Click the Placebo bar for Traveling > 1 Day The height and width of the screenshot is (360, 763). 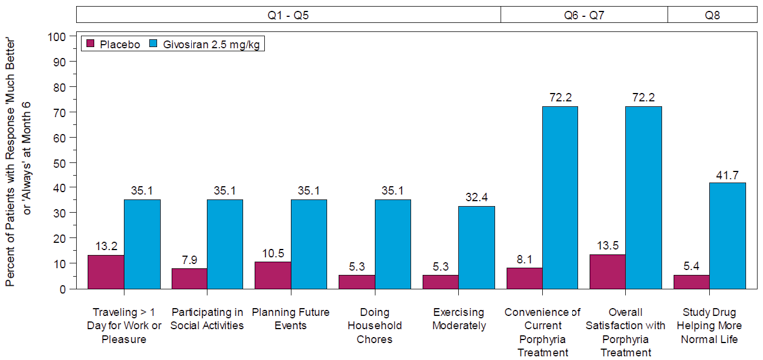(x=105, y=272)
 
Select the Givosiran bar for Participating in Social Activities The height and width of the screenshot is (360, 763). (x=225, y=244)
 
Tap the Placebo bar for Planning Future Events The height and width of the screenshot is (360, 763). (x=272, y=275)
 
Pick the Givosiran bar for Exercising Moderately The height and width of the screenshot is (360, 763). (x=476, y=248)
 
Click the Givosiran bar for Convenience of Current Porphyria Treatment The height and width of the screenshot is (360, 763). (x=560, y=197)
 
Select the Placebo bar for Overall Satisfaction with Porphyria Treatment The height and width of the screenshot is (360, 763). (x=607, y=272)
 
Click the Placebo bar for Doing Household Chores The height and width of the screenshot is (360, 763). (x=356, y=282)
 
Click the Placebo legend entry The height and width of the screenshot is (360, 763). (x=114, y=45)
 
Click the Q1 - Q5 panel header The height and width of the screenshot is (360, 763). (x=287, y=14)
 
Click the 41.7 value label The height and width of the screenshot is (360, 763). (x=727, y=175)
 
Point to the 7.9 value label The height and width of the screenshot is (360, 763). (x=189, y=260)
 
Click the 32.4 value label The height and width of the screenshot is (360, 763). (x=476, y=198)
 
